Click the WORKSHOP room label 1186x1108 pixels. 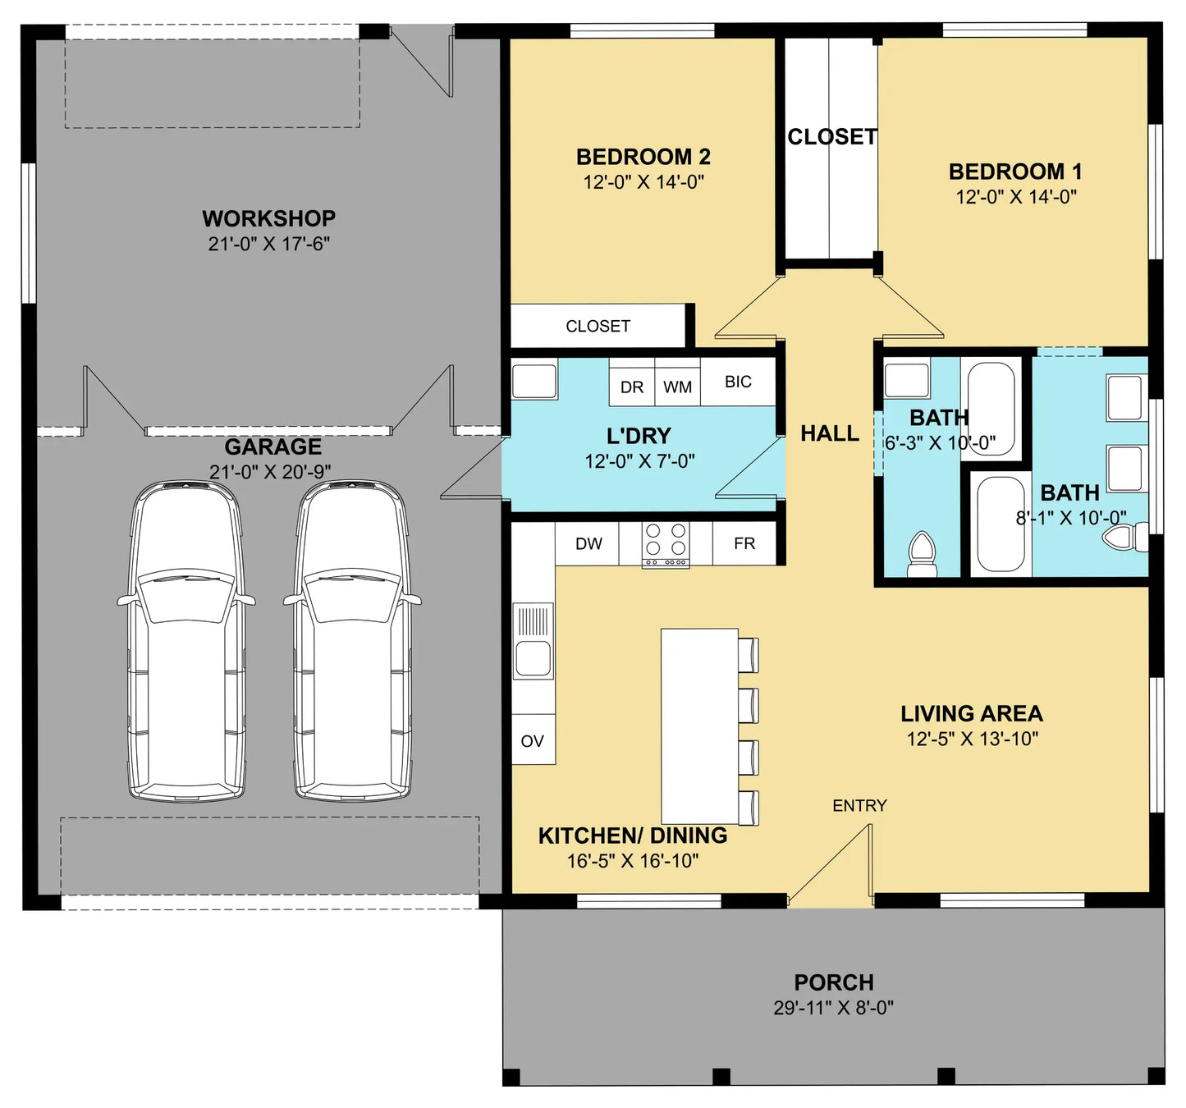point(268,218)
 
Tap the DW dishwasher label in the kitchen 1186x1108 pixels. point(588,543)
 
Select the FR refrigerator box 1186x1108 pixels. point(744,543)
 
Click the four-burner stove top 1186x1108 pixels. point(666,544)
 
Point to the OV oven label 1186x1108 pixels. point(532,741)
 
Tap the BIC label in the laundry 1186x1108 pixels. point(738,382)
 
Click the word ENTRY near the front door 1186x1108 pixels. point(859,806)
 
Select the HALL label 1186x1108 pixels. point(830,433)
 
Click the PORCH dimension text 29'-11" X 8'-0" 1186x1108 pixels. point(834,1008)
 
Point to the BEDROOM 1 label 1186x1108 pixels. point(1015,172)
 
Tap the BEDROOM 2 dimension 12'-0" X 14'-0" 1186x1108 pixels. point(643,181)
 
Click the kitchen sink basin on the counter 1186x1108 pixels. point(533,659)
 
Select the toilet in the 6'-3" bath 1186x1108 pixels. point(922,555)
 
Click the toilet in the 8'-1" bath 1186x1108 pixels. point(1125,537)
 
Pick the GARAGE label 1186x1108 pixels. point(273,446)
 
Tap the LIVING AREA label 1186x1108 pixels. point(972,714)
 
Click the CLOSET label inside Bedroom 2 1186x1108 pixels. point(598,326)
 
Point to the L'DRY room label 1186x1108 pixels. point(639,436)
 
